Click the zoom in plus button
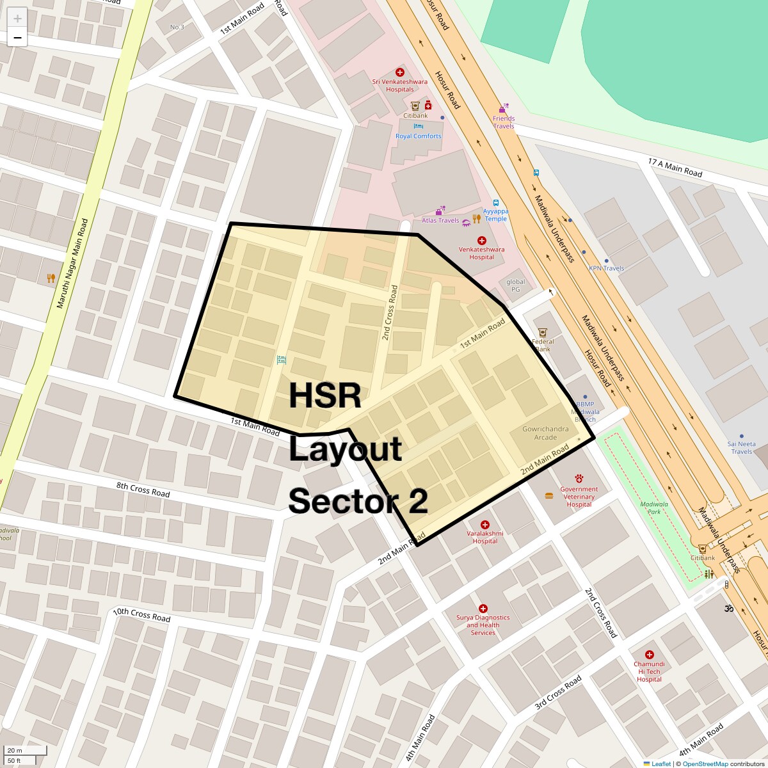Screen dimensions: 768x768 (17, 19)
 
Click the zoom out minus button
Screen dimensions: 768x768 (17, 38)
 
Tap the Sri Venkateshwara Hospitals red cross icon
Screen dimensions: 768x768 (400, 73)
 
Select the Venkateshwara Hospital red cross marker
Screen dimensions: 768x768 (482, 241)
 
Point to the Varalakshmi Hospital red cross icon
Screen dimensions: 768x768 (484, 525)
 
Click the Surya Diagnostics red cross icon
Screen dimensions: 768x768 (483, 609)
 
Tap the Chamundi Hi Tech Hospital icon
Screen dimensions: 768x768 (649, 655)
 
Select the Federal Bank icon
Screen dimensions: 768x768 (543, 332)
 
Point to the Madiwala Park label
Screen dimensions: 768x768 (654, 508)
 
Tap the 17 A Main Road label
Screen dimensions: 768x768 (675, 168)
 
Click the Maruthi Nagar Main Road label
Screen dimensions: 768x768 (72, 263)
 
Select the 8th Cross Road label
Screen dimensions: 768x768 (143, 490)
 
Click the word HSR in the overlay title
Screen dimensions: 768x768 (325, 396)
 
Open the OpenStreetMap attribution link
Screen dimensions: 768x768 (705, 764)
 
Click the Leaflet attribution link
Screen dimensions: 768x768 (660, 764)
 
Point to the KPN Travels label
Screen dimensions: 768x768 (606, 268)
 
